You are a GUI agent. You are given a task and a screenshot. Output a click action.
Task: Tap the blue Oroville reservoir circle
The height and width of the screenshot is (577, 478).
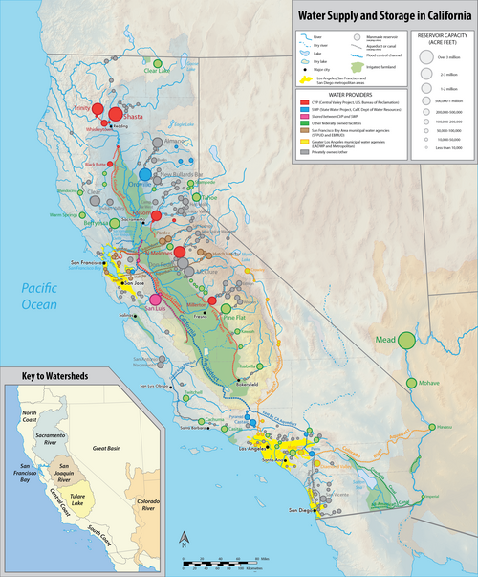pos(145,174)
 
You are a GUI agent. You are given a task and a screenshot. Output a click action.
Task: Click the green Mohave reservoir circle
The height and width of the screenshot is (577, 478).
pos(412,383)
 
